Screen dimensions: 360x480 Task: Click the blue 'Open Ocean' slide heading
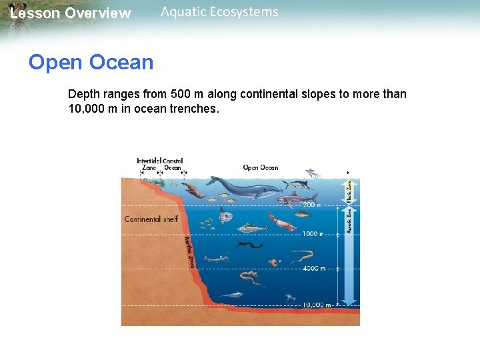(x=91, y=63)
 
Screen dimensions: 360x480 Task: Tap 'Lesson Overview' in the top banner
(x=71, y=13)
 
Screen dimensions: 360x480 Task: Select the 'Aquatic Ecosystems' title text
(x=219, y=12)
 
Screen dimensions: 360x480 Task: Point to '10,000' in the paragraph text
(x=86, y=109)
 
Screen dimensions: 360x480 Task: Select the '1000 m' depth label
(x=312, y=234)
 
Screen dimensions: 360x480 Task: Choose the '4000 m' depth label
(x=313, y=269)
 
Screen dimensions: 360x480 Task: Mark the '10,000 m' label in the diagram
(x=317, y=305)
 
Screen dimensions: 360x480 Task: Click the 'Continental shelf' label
(x=151, y=219)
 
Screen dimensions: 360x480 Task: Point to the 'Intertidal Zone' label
(x=149, y=165)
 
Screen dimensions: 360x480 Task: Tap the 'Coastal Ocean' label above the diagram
(x=173, y=165)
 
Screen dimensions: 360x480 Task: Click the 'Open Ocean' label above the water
(x=260, y=168)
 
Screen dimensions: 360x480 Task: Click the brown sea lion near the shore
(x=194, y=191)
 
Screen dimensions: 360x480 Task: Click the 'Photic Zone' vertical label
(x=348, y=190)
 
